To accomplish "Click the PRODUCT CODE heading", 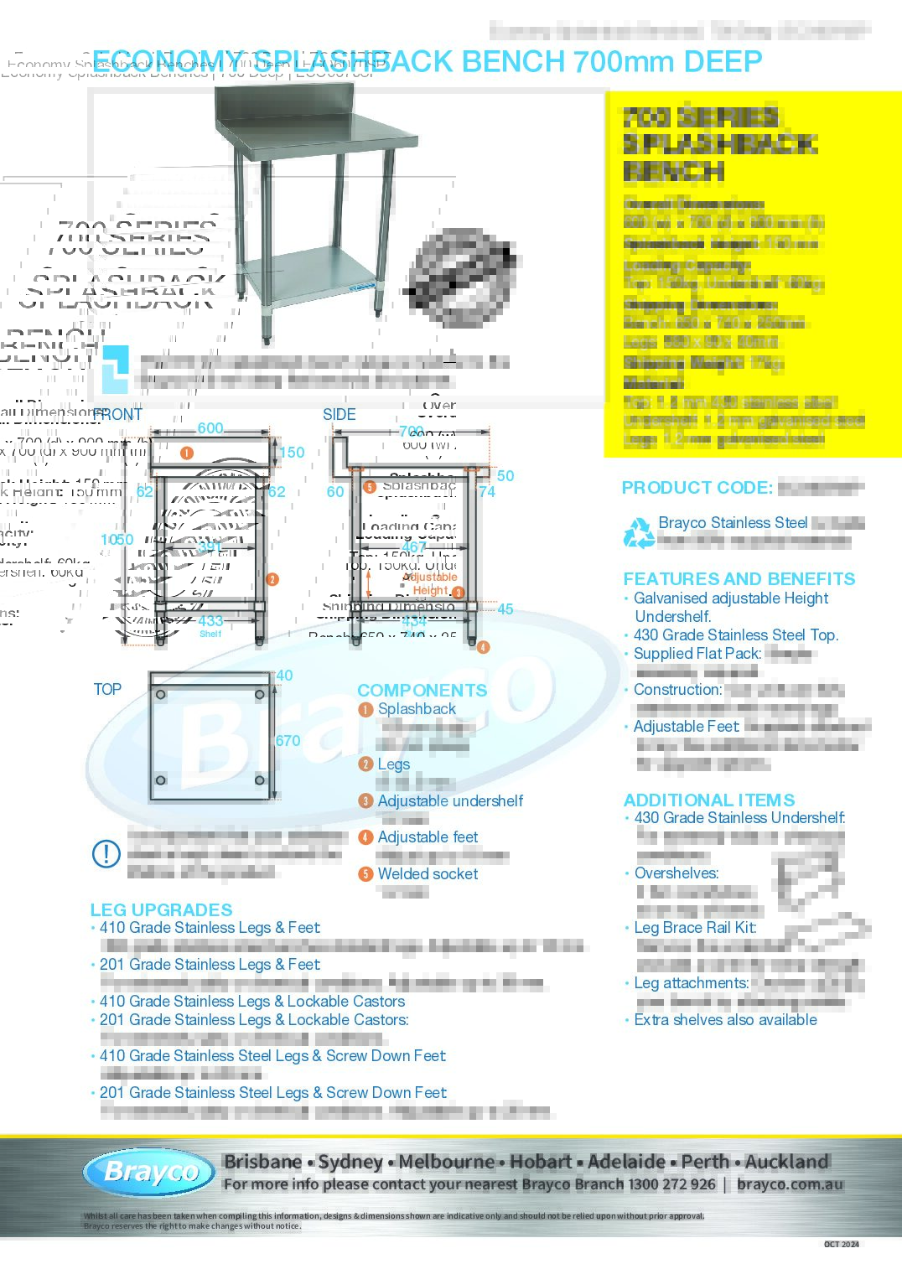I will pos(697,488).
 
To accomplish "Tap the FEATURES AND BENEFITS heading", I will pos(739,579).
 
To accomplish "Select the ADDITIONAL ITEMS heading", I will pos(709,800).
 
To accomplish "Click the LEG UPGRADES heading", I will pos(161,909).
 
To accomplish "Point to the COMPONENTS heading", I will pos(422,690).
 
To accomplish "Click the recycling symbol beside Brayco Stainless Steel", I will pos(639,532).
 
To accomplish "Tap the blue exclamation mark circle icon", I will pos(106,854).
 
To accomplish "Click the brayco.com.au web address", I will pos(790,1184).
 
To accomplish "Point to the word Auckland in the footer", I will pos(786,1162).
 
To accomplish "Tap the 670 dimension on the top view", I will pos(288,741).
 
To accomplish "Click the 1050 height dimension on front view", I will pos(117,540).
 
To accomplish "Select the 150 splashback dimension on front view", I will pos(292,453).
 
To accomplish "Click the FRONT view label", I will pos(117,415).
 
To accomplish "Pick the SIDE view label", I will pos(340,415).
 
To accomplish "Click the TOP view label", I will pos(107,689).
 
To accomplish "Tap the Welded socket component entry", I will pos(428,873).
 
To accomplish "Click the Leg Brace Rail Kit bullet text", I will pos(695,927).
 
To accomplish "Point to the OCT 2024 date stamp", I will pos(841,1244).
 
